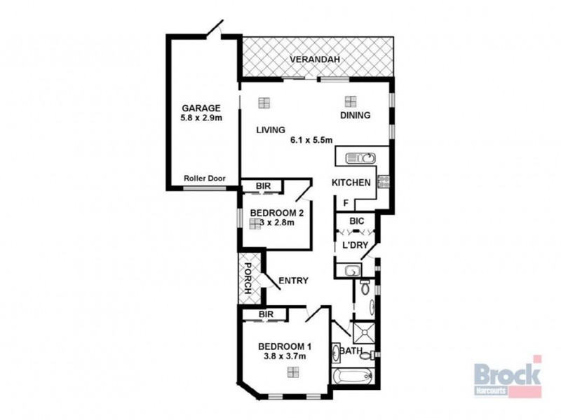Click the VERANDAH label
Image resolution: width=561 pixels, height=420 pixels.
point(317,59)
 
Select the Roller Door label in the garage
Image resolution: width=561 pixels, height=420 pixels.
point(204,178)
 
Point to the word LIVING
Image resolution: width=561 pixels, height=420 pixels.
point(270,129)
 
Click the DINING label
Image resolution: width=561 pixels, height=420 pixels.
point(355,115)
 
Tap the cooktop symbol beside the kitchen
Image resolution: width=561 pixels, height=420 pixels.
point(384,182)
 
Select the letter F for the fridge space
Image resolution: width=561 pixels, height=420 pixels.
point(345,204)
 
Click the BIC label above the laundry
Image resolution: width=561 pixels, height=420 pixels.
point(356,221)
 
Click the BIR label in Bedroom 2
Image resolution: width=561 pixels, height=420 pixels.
point(263,186)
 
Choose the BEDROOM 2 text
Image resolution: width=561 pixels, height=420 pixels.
point(275,213)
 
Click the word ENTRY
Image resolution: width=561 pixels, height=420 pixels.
point(293,281)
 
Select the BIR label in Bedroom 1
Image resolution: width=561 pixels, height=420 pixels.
point(265,314)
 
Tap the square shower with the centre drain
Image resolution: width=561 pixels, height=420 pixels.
point(364,330)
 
